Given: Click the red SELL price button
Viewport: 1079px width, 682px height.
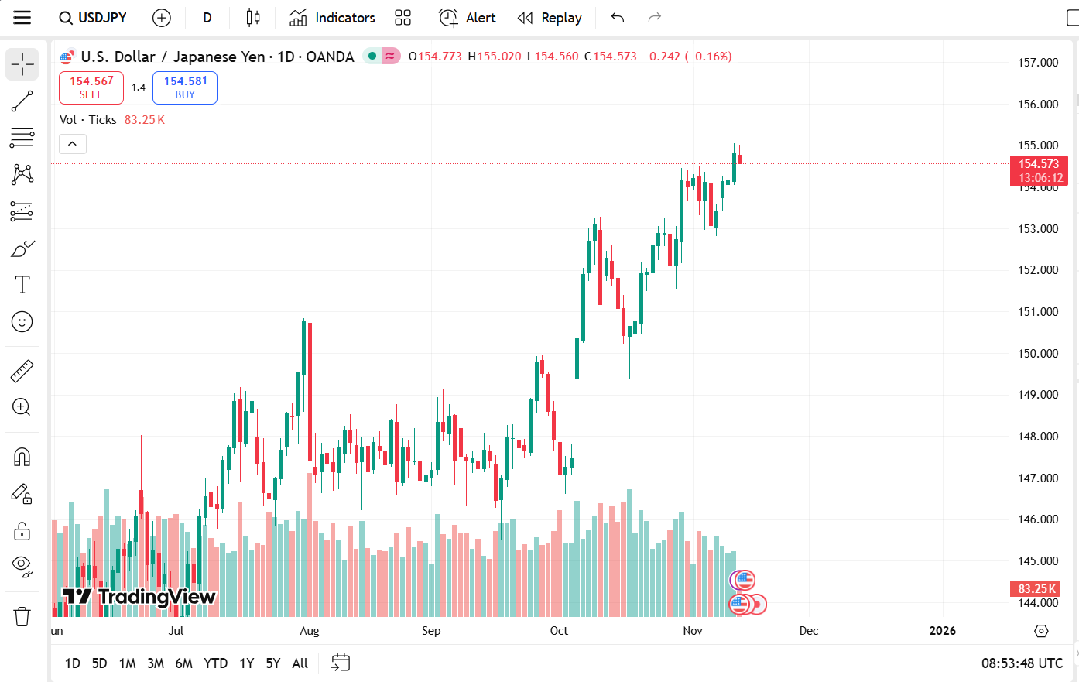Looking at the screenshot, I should click(x=91, y=87).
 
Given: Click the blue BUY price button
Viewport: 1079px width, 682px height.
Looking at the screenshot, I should click(x=185, y=87).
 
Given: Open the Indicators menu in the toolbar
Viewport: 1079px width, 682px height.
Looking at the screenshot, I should click(x=332, y=18).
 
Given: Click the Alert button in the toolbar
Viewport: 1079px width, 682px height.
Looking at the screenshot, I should click(x=468, y=18).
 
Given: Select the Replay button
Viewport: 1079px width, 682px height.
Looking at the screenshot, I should click(x=550, y=18).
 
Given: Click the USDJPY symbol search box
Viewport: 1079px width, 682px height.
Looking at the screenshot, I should click(x=94, y=18).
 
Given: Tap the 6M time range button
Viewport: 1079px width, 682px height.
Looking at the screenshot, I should click(x=183, y=663).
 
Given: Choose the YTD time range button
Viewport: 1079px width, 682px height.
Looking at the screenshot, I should click(x=215, y=663).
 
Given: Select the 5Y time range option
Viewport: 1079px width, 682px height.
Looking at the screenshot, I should click(x=272, y=663).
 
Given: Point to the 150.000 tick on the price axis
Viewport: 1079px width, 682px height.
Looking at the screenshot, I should click(x=1037, y=354).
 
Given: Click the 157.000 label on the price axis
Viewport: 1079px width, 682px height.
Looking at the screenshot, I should click(x=1037, y=63).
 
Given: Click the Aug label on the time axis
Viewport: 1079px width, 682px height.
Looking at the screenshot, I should click(x=310, y=631).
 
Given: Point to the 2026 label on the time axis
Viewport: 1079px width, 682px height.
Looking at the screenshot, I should click(x=942, y=631).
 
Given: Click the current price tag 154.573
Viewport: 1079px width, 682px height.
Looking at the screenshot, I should click(x=1038, y=164).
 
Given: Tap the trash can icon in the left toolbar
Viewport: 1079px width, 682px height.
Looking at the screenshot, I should click(x=22, y=617).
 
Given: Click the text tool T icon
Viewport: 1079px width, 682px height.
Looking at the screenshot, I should click(x=22, y=285).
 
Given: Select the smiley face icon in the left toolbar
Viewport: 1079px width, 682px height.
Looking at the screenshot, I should click(x=22, y=322).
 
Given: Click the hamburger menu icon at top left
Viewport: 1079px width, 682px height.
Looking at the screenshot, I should click(x=22, y=18).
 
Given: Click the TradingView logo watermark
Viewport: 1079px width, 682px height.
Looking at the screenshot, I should click(x=139, y=597).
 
